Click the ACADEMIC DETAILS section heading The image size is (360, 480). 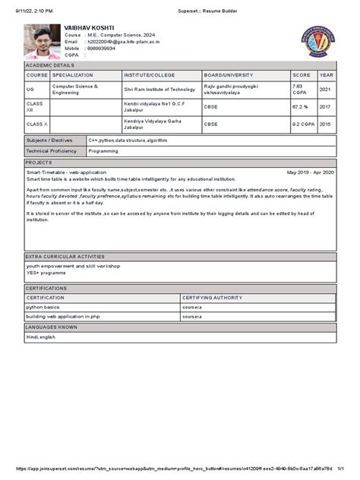49,66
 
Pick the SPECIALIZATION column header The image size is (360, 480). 73,75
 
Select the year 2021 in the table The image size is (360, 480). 326,89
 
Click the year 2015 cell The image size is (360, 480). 326,124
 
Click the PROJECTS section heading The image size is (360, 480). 39,163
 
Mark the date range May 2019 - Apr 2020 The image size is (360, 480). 310,172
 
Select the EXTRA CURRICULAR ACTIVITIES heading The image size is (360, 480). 65,257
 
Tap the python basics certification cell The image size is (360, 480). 43,307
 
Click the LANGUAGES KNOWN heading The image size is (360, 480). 52,327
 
